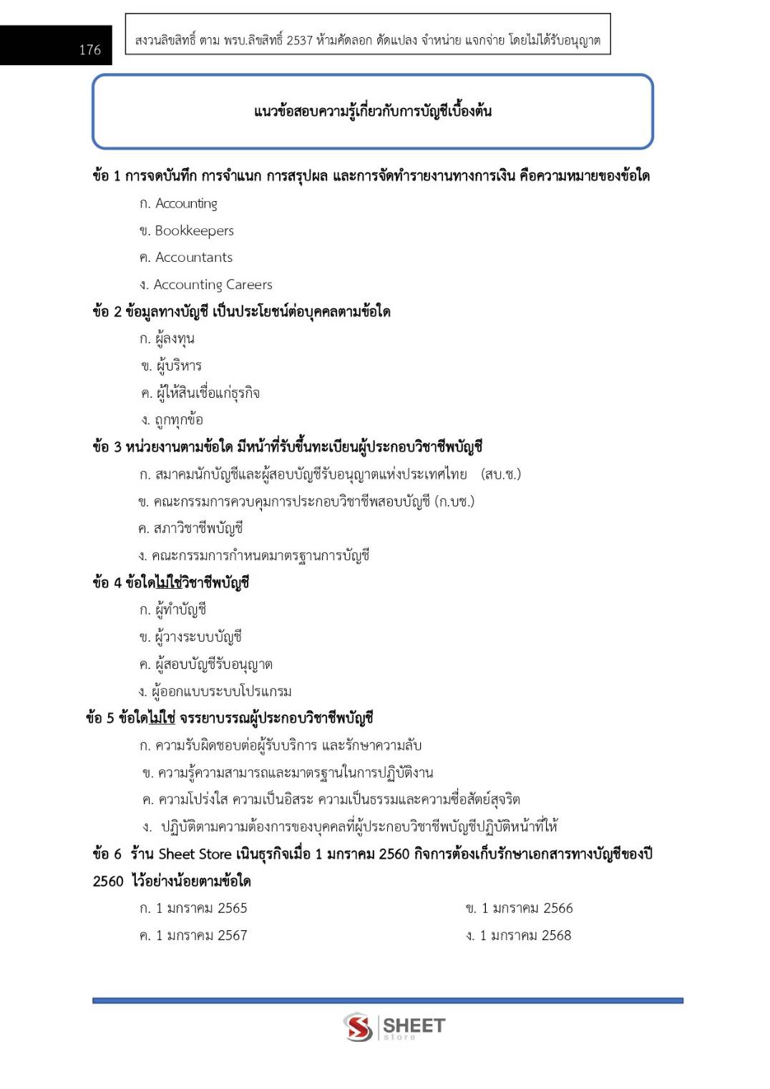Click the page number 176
[89, 49]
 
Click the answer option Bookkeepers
[194, 230]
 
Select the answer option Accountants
[193, 257]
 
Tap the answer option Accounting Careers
[213, 284]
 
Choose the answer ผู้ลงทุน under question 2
[175, 338]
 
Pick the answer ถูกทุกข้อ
[178, 420]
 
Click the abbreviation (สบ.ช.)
[501, 474]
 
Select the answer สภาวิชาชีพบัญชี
[198, 528]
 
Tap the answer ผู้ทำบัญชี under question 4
[180, 610]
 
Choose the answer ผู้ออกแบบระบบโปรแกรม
[222, 691]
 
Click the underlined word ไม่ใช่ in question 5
[162, 718]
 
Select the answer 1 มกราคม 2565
[201, 908]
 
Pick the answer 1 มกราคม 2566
[527, 908]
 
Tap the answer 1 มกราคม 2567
[201, 935]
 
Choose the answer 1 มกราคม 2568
[525, 935]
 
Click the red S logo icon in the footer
[358, 1027]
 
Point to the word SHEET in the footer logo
[414, 1025]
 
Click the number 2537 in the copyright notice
[299, 40]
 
